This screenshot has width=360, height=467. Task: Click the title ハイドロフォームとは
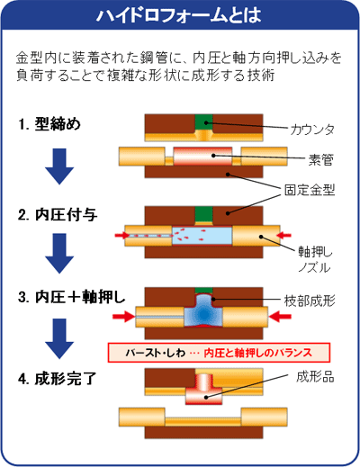coord(179,15)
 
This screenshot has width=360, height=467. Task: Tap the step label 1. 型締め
coord(49,123)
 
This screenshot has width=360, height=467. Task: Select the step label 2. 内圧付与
coord(58,215)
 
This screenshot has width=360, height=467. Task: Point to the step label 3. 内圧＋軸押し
coord(71,297)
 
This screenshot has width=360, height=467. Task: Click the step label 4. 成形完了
coord(57,379)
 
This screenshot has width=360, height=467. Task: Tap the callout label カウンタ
coord(312,130)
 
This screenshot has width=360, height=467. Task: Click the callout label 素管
coord(321,160)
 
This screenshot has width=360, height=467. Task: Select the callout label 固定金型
coord(310,190)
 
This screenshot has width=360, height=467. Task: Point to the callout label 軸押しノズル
coord(315,259)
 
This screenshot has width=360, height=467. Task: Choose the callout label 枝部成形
coord(310,301)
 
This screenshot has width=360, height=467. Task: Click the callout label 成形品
coord(315,377)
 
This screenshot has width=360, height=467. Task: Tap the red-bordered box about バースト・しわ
coord(219,353)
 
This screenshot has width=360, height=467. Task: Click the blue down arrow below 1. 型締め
coord(59,166)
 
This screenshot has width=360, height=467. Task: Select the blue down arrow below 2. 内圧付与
coord(59,254)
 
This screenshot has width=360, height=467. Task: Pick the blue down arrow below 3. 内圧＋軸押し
coord(59,338)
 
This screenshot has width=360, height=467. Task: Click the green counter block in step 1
coord(203,122)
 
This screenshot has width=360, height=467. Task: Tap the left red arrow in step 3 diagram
coord(123,317)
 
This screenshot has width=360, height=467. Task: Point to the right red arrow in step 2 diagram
coord(283,236)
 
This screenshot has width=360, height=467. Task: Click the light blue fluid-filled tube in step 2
coord(202,236)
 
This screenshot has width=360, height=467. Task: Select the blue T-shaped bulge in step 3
coord(203,312)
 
